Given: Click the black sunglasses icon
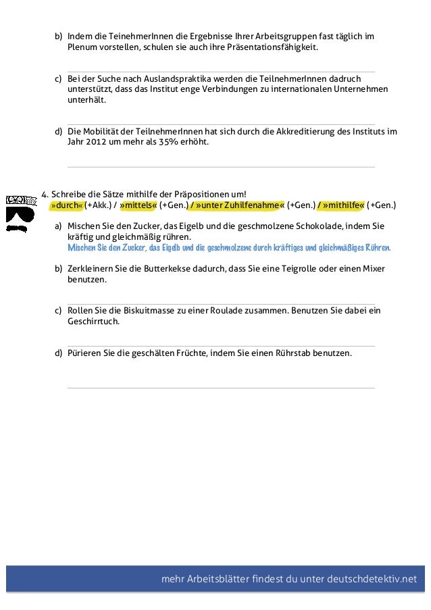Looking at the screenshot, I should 20,216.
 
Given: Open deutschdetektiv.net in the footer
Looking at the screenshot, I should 372,579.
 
